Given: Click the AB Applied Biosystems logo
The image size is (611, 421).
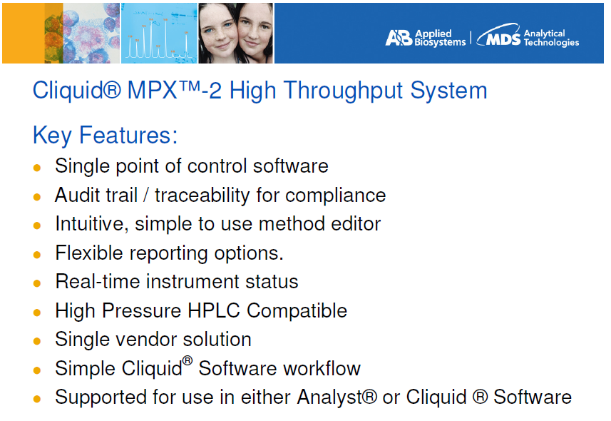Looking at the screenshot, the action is [426, 38].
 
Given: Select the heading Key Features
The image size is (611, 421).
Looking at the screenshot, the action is [105, 136].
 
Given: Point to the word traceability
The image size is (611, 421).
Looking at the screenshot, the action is [202, 196].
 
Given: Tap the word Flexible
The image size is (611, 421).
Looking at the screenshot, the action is [89, 253].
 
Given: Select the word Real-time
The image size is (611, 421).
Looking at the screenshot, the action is [98, 281].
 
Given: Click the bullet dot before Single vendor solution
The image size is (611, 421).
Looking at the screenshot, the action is [37, 341].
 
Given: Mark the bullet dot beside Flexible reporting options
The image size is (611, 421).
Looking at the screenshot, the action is [37, 255].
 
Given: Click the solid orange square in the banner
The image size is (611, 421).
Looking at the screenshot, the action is [24, 33].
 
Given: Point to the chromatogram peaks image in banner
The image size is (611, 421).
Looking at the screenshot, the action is [159, 33].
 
